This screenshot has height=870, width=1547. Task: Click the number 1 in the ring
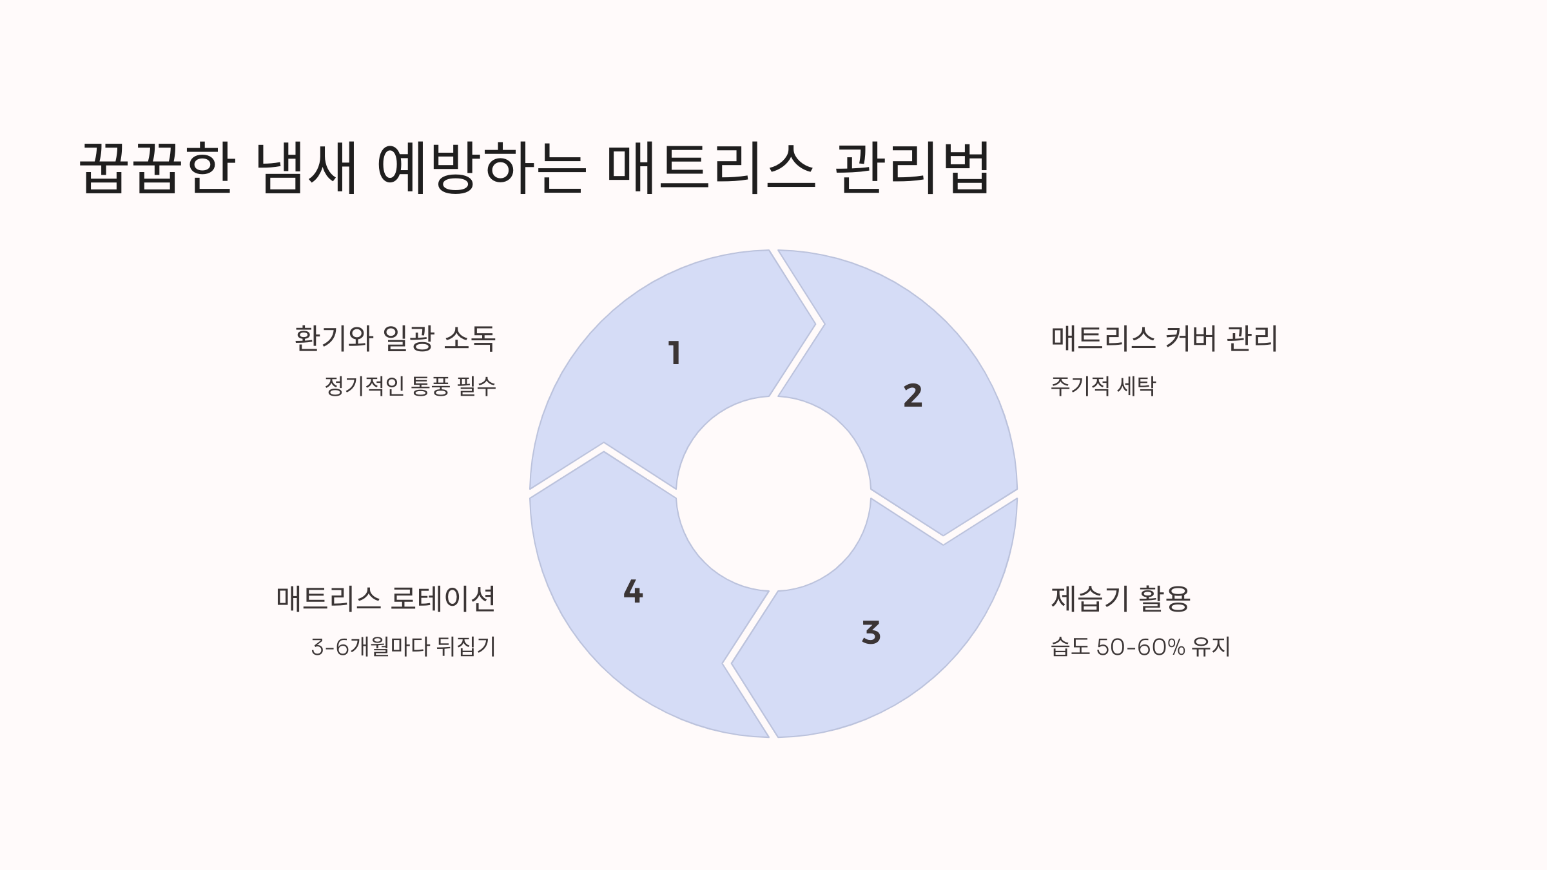click(674, 353)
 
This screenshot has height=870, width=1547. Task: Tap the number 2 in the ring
click(913, 396)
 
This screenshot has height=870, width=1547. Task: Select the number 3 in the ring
click(871, 633)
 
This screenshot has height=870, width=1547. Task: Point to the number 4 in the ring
click(633, 592)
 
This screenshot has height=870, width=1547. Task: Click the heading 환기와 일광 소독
click(394, 338)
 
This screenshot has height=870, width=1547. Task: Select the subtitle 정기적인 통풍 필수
click(410, 386)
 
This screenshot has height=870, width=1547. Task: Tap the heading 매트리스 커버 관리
click(1164, 338)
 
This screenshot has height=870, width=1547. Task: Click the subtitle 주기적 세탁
click(1103, 386)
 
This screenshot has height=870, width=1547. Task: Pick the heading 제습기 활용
click(1120, 599)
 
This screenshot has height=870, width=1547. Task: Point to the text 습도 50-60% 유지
click(1140, 646)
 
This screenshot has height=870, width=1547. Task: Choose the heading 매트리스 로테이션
click(385, 599)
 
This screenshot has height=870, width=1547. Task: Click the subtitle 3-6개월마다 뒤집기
click(404, 646)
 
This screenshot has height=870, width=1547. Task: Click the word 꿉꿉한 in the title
click(157, 168)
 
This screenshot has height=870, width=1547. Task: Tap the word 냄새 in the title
click(306, 168)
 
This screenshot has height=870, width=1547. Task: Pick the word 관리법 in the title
click(912, 168)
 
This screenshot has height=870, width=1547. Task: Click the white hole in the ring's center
click(773, 494)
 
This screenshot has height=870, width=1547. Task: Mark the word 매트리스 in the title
click(710, 168)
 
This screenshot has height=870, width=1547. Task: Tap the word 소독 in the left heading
click(470, 338)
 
